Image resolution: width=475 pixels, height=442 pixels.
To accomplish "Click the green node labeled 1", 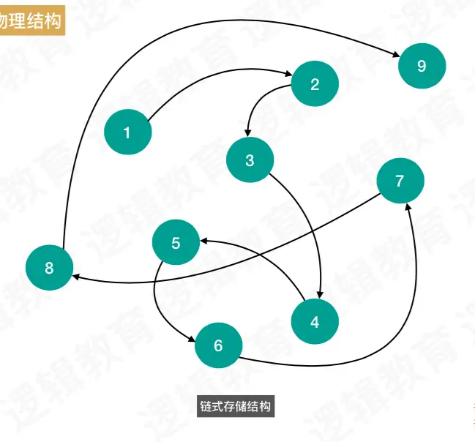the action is (127, 132).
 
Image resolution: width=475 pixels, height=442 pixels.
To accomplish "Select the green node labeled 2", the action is (315, 84).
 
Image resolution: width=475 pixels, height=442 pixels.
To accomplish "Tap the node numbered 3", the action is (250, 160).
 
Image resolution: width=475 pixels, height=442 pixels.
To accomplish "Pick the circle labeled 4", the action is (315, 321).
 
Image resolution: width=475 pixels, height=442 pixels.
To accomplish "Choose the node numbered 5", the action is (176, 243).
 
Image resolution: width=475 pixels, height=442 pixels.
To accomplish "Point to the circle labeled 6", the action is (218, 345).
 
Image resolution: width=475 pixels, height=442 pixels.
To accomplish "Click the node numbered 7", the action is (400, 181).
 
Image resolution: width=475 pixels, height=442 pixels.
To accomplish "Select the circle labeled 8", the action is (49, 268).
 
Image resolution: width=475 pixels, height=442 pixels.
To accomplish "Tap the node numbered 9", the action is (422, 66).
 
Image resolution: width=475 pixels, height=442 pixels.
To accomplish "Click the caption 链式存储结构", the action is (236, 406).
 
